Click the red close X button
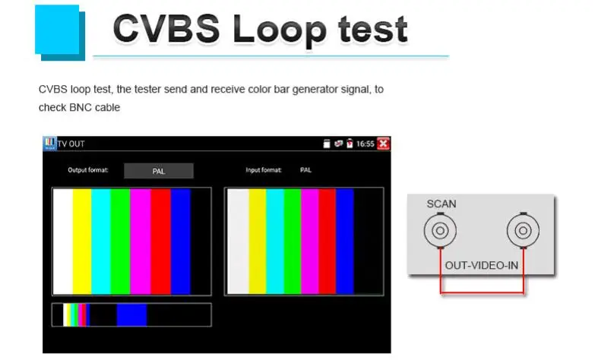pyautogui.click(x=383, y=144)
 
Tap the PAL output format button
pyautogui.click(x=159, y=171)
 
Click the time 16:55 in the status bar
pyautogui.click(x=365, y=144)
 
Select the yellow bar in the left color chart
pyautogui.click(x=82, y=242)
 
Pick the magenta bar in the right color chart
pyautogui.click(x=310, y=242)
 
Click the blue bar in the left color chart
pyautogui.click(x=180, y=242)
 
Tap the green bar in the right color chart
pyautogui.click(x=292, y=242)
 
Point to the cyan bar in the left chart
pyautogui.click(x=101, y=242)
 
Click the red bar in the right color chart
pyautogui.click(x=327, y=242)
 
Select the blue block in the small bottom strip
pyautogui.click(x=131, y=314)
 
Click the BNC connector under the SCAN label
pyautogui.click(x=440, y=230)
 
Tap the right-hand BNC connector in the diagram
pyautogui.click(x=523, y=230)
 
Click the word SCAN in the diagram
pyautogui.click(x=441, y=204)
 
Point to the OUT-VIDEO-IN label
pyautogui.click(x=482, y=265)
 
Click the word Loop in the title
pyautogui.click(x=279, y=30)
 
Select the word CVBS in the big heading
pyautogui.click(x=166, y=28)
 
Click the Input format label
pyautogui.click(x=264, y=170)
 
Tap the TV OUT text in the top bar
pyautogui.click(x=71, y=144)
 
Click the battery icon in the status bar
pyautogui.click(x=350, y=144)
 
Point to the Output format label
pyautogui.click(x=88, y=170)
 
